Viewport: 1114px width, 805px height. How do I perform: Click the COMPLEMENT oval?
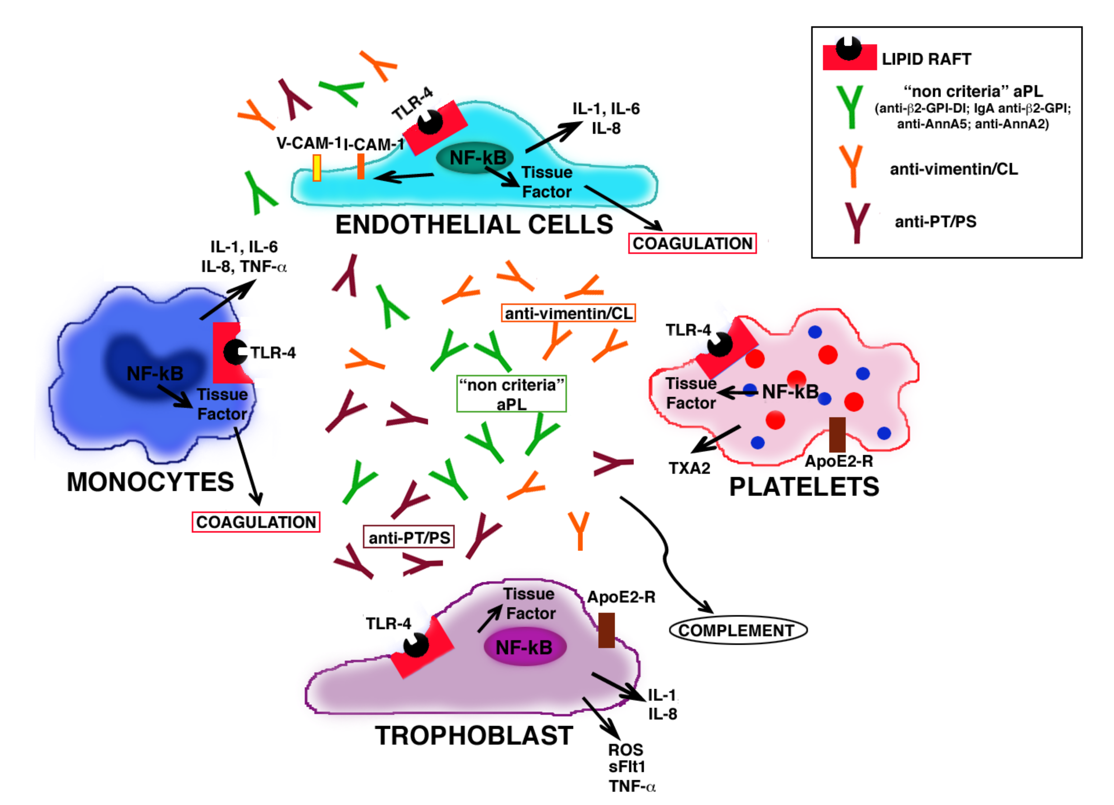[x=738, y=630]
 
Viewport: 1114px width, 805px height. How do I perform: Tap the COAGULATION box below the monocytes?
[x=256, y=522]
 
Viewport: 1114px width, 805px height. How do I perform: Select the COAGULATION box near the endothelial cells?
[x=693, y=243]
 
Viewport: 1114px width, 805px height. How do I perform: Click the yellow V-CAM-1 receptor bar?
[x=317, y=168]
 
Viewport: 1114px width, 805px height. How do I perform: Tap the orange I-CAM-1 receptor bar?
[x=360, y=166]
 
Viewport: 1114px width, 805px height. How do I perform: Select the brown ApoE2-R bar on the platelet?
[x=837, y=435]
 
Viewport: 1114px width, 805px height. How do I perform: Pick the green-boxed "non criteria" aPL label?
[x=511, y=394]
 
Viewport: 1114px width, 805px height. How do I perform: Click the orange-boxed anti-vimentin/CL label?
[x=568, y=313]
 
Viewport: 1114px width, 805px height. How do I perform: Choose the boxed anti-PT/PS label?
[x=409, y=537]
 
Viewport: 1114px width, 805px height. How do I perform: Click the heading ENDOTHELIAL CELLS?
[x=474, y=224]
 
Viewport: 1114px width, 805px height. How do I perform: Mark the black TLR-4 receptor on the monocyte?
[x=235, y=352]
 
